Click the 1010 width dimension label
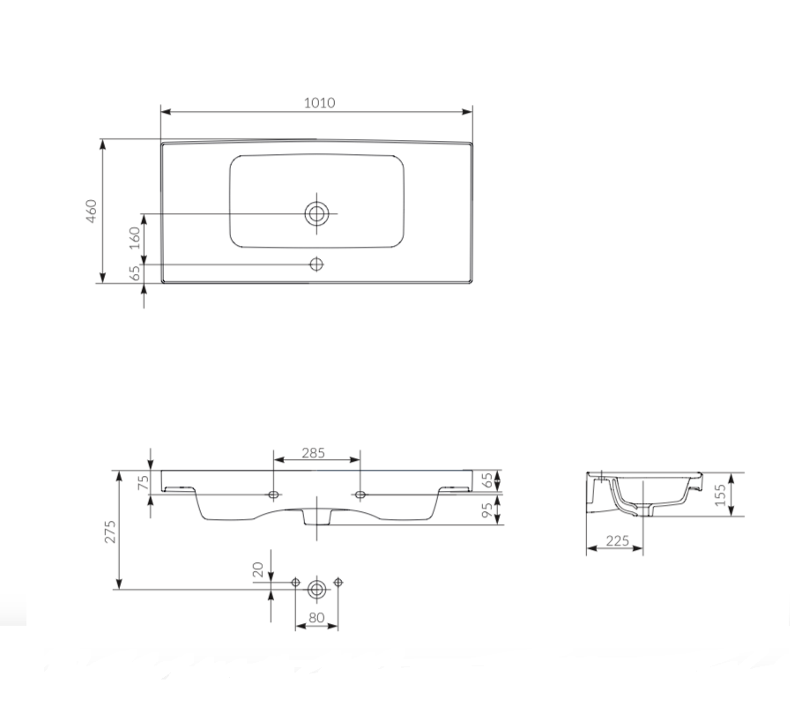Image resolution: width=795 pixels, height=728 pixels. (x=319, y=103)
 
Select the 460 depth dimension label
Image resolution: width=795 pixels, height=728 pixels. (x=92, y=211)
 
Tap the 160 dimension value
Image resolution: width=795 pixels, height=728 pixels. (x=134, y=238)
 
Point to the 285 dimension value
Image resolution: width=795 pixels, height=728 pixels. (x=314, y=453)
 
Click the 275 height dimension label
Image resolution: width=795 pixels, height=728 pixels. (x=110, y=531)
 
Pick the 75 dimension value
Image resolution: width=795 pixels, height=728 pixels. (x=144, y=482)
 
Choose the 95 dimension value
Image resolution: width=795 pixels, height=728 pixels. (x=487, y=510)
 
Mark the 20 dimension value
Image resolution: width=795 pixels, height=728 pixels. (x=258, y=569)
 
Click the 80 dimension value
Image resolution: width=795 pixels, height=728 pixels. (x=316, y=618)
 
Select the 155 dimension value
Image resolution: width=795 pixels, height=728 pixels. (x=720, y=494)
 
